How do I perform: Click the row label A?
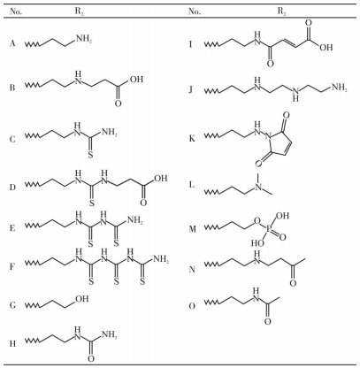(x=12, y=43)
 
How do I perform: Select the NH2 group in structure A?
(x=84, y=39)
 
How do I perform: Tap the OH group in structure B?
(x=136, y=79)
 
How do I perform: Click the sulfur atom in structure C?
(x=91, y=155)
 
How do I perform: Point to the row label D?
(x=12, y=188)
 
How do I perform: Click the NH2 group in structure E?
(x=134, y=219)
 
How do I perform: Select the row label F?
(x=12, y=266)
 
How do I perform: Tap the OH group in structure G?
(x=82, y=299)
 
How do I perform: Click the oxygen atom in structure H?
(x=91, y=358)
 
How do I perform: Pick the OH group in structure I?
(x=326, y=47)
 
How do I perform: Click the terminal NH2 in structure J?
(x=340, y=88)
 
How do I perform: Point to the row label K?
(x=192, y=139)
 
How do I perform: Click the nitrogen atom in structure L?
(x=258, y=187)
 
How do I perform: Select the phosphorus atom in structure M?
(x=272, y=228)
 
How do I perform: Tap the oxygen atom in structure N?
(x=293, y=283)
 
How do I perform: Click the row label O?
(x=192, y=306)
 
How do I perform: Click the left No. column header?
(x=16, y=11)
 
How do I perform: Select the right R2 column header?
(x=282, y=11)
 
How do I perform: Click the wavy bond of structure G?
(x=33, y=305)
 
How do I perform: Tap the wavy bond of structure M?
(x=211, y=227)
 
